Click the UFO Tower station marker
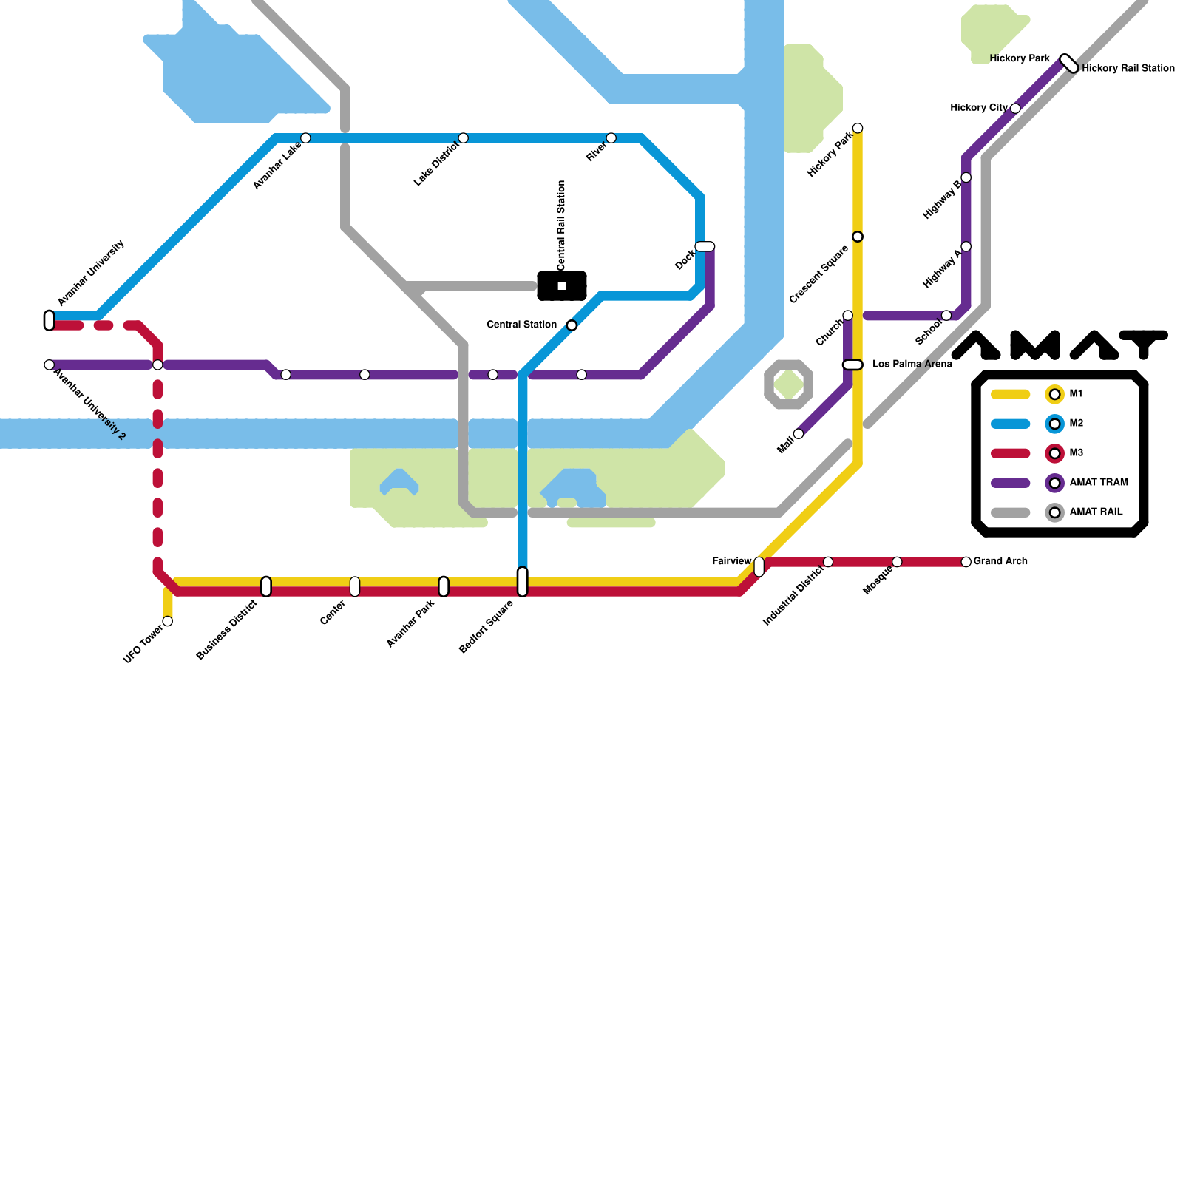168,621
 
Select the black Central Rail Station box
562,286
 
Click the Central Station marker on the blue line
572,325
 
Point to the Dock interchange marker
705,246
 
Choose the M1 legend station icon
1054,394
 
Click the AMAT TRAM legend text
1099,482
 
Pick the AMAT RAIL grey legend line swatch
1010,512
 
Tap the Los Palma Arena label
912,364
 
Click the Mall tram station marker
799,434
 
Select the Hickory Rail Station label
1128,69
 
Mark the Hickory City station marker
1015,109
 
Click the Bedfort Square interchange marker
523,582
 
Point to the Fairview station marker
759,566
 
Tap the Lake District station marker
463,138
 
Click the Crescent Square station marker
858,237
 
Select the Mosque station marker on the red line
897,562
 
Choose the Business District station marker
266,586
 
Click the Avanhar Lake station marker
305,138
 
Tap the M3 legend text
1076,452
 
